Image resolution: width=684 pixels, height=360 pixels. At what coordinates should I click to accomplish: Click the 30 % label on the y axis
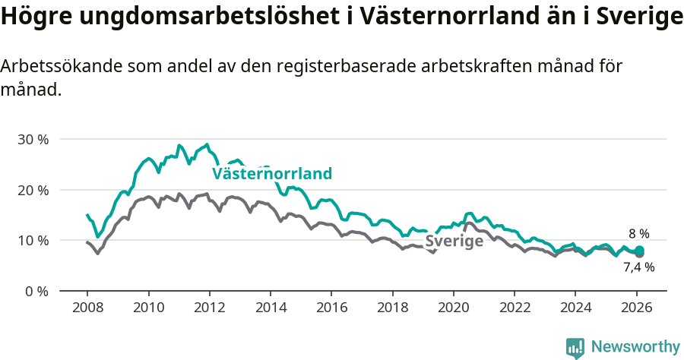[x=33, y=139]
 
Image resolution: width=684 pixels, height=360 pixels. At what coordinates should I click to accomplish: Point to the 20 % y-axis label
[x=33, y=190]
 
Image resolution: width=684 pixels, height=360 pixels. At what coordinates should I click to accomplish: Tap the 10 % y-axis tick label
[x=33, y=240]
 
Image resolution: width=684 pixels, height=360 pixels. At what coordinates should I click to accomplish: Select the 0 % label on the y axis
[x=36, y=291]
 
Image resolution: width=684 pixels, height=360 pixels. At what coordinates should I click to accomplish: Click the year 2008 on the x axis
[x=87, y=308]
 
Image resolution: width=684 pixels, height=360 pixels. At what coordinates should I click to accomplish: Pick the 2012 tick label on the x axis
[x=209, y=308]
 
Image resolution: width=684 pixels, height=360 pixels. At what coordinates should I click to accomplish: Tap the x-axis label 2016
[x=331, y=308]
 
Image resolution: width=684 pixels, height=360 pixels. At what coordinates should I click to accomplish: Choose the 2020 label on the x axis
[x=453, y=308]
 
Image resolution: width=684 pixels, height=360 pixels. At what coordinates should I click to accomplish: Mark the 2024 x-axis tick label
[x=575, y=308]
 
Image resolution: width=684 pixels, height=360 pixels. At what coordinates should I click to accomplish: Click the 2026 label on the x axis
[x=636, y=308]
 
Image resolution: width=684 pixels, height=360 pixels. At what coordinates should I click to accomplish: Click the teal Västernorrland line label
[x=272, y=174]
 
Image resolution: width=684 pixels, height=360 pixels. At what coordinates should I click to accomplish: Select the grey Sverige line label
[x=454, y=242]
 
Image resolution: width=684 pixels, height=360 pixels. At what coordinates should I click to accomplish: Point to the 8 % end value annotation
[x=638, y=234]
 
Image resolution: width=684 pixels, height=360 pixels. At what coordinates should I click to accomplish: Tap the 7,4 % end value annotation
[x=638, y=267]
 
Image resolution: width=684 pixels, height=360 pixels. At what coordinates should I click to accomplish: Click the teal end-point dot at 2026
[x=639, y=251]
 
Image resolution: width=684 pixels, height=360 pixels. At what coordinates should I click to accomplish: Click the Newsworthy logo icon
[x=575, y=347]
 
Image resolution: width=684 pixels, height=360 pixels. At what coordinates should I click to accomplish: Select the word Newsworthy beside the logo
[x=635, y=347]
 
